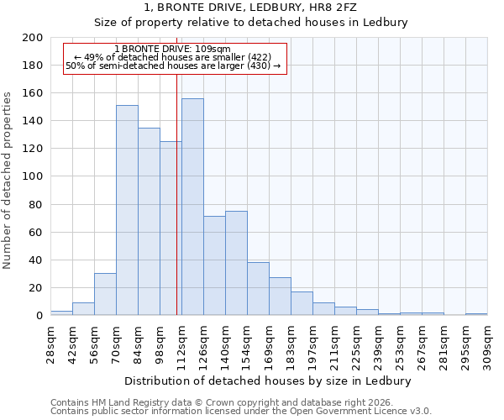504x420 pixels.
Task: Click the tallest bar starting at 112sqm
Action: coord(192,207)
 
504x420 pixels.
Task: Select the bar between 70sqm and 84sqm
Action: coord(127,210)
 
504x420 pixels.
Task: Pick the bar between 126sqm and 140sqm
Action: coord(214,265)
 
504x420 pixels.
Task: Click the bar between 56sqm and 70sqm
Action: coord(105,294)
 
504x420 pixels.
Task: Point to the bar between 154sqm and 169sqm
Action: coord(258,288)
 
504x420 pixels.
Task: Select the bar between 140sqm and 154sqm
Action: coord(236,263)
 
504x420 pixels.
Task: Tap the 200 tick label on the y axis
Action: coord(34,38)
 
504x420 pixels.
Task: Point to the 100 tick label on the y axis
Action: coord(34,176)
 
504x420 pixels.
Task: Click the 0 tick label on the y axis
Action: coord(39,316)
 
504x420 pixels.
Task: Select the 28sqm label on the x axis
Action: coord(50,340)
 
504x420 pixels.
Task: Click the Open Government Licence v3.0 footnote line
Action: coord(241,411)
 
